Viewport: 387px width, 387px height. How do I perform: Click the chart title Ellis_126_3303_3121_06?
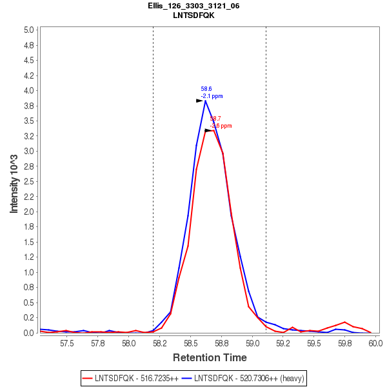pos(193,6)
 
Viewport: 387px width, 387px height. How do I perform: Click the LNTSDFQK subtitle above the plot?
pos(193,15)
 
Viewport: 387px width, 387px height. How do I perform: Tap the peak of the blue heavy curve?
pos(205,101)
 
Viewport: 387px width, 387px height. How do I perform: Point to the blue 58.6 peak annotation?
pos(206,89)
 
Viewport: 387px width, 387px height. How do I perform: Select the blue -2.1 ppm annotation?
pos(212,96)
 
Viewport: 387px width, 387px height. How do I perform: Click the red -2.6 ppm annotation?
pos(221,126)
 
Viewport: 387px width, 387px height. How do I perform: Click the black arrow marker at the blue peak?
pos(200,101)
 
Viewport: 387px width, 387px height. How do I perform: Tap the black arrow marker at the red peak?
pos(208,130)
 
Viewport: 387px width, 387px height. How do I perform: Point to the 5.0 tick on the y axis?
pos(28,30)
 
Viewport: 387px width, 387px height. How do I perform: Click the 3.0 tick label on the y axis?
pos(28,151)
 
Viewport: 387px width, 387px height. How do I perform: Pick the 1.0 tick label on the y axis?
pos(28,272)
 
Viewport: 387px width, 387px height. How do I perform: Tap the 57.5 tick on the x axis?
pos(67,342)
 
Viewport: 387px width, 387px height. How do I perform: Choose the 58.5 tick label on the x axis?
pos(190,342)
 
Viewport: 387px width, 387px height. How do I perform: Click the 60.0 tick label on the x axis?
pos(375,342)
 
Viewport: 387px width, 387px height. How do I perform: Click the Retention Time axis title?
pos(209,357)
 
